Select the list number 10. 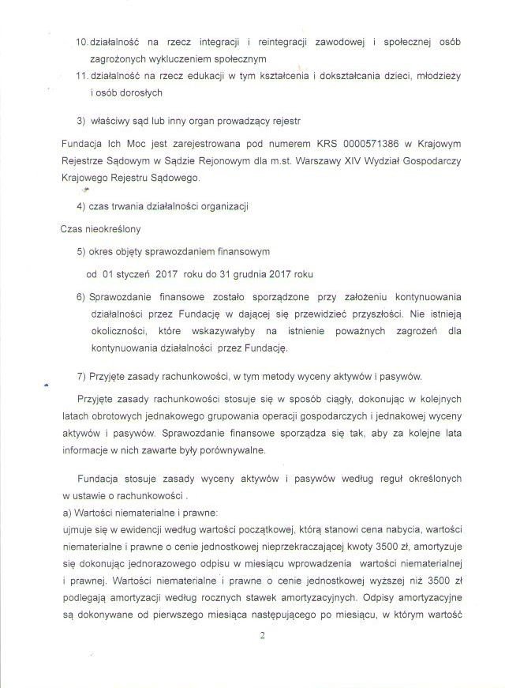click(80, 40)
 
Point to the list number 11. click(80, 75)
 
